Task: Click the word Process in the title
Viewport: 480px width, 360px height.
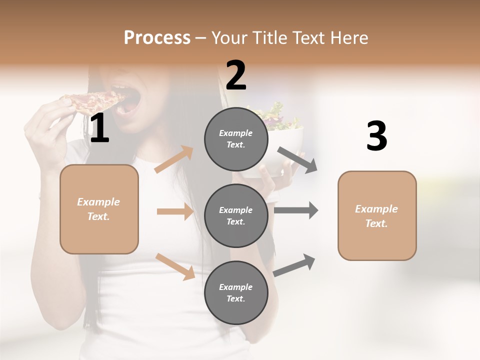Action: pos(157,38)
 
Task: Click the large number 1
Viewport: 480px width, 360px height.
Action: pos(99,129)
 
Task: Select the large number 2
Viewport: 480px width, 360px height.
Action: pos(236,75)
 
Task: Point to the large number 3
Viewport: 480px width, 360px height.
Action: pos(376,136)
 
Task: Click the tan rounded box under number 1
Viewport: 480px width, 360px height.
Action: pos(99,209)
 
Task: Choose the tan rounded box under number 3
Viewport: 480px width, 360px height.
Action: pos(377,215)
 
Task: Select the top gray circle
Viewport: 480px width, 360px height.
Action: pos(236,139)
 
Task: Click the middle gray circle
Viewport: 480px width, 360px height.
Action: pos(236,215)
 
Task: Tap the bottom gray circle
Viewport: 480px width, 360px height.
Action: pos(236,292)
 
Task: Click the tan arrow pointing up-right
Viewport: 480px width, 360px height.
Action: pos(174,159)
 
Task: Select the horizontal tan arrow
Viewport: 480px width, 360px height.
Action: pos(175,211)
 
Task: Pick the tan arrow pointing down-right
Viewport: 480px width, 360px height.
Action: pos(175,266)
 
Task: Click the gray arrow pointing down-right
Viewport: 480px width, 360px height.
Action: pos(297,160)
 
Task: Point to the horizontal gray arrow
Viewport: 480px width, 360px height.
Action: pos(296,210)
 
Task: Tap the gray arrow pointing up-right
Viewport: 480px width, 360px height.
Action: pos(294,265)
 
